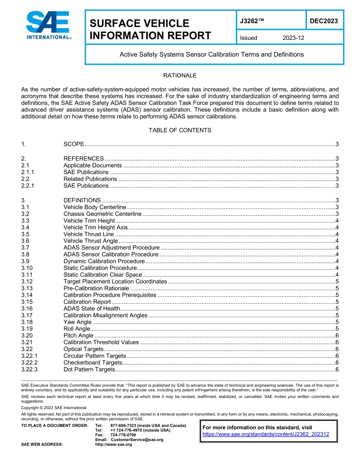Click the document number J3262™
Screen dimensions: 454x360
pos(252,21)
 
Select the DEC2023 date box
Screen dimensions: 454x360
pos(324,21)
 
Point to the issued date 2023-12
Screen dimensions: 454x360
pos(293,38)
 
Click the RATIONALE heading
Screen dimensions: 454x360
pos(180,75)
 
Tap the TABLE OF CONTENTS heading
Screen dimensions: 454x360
pos(180,130)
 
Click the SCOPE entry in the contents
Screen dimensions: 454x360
pos(74,144)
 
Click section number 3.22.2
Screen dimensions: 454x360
pos(32,363)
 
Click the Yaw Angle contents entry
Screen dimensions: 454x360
pos(77,322)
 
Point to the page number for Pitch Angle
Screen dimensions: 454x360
pos(337,335)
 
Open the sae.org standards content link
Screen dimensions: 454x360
pos(266,435)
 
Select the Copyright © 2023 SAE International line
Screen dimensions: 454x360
pos(53,408)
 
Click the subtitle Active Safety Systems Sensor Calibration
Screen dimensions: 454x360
pos(211,55)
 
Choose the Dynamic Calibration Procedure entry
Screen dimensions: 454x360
pos(104,261)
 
